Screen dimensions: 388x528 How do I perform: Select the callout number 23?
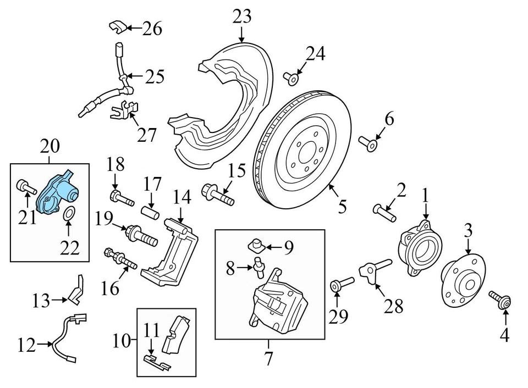tap(242, 16)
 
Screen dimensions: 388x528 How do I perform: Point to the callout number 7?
tap(268, 359)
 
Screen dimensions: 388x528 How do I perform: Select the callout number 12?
tap(26, 346)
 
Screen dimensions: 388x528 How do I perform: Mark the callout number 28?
tap(394, 306)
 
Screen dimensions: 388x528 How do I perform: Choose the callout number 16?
tap(111, 287)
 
